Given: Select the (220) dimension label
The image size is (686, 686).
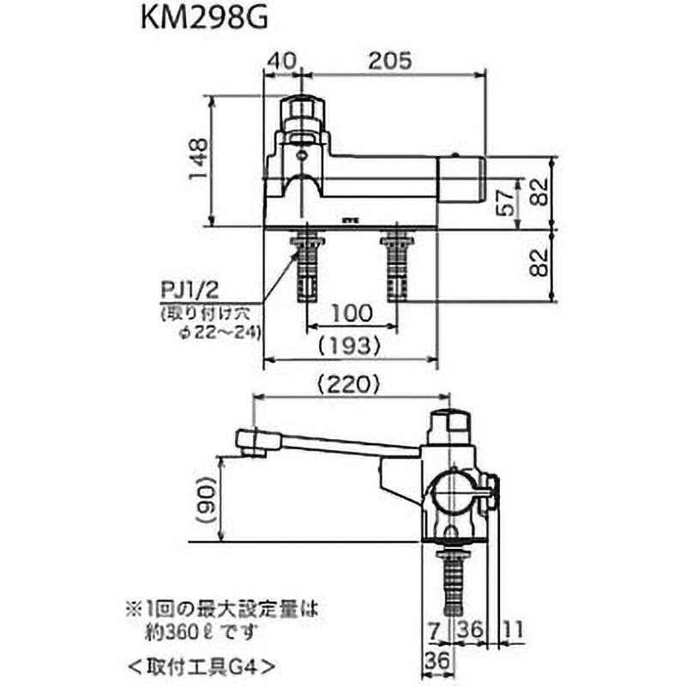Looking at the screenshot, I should (350, 385).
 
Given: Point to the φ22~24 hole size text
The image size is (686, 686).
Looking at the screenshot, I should (211, 333).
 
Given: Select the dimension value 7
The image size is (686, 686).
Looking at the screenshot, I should (436, 629).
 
